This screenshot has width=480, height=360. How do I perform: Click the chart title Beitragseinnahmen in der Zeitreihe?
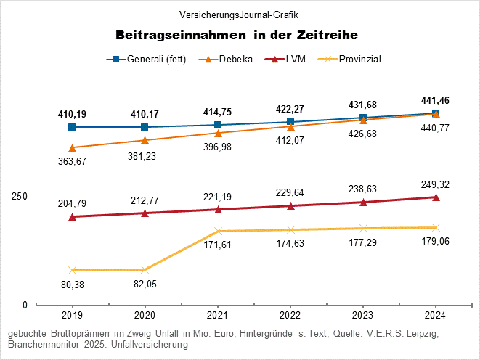coord(237,35)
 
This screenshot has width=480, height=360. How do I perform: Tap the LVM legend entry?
coord(290,60)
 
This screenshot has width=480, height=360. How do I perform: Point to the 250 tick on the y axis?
coord(20,197)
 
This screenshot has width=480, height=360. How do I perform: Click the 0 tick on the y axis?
coord(25,306)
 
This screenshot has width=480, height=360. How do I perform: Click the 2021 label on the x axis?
coord(218,316)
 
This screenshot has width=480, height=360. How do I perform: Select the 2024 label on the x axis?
coord(436,316)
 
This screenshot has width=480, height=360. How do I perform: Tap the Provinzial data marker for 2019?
coord(72,270)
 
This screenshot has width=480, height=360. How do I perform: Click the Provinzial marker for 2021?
coord(218,231)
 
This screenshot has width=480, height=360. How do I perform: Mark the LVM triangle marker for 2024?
coord(436,197)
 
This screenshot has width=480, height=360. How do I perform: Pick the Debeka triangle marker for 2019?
coord(72,147)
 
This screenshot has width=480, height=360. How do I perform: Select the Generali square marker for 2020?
coord(145,127)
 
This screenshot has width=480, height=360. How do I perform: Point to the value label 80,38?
coord(72,285)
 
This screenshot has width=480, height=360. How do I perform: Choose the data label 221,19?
coord(218,197)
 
